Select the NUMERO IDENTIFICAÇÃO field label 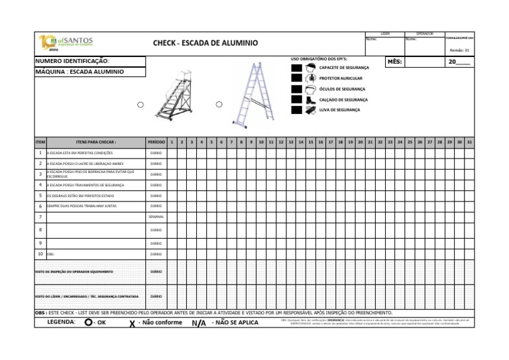point(72,62)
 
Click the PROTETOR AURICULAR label point(341,78)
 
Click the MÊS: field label point(394,62)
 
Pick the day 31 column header point(469,142)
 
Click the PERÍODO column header point(156,142)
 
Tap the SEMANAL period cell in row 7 point(156,217)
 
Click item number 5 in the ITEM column point(40,196)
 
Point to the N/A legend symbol point(198,324)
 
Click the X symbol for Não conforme point(133,324)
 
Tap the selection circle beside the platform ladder point(140,105)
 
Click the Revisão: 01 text point(459,50)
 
